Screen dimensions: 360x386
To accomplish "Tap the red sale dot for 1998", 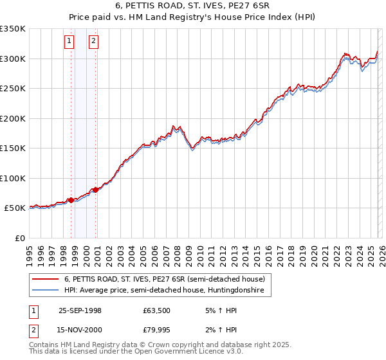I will point(71,201).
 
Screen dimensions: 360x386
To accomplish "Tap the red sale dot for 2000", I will point(95,190).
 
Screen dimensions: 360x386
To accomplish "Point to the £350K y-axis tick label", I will point(13,29).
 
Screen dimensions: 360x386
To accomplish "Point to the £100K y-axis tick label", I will point(13,178).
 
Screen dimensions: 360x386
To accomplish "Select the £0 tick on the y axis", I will point(21,238).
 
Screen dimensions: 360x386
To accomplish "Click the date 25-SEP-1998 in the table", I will point(80,310).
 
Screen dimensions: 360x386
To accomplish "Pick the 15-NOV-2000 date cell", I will point(80,331).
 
